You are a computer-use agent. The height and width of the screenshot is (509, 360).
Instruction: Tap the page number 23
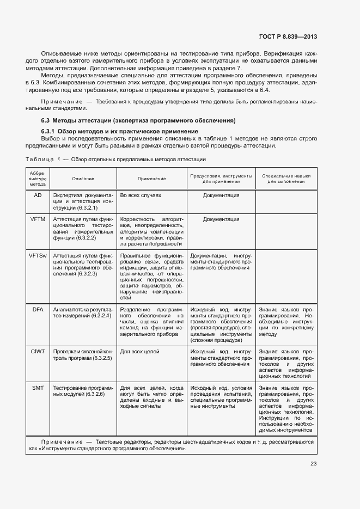point(313,464)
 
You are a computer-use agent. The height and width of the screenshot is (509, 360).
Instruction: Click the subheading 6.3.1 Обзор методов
point(120,132)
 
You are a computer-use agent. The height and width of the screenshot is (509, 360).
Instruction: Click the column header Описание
point(83,179)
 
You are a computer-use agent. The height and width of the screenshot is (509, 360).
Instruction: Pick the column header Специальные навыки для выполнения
point(286,179)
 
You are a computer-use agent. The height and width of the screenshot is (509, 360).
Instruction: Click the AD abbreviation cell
point(38,195)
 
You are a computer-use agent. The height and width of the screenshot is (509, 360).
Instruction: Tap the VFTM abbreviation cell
point(38,219)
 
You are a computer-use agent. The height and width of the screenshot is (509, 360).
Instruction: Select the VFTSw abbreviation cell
point(38,255)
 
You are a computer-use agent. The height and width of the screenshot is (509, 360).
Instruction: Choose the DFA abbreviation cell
point(38,309)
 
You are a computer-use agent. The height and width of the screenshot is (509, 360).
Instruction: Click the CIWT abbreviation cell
point(38,352)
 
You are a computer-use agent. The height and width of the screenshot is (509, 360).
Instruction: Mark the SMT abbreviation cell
point(38,388)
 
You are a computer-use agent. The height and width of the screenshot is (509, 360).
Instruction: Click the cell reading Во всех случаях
point(141,195)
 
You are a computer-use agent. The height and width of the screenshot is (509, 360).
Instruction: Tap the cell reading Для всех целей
point(139,352)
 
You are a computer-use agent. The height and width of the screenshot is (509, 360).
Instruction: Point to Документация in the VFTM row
point(221,219)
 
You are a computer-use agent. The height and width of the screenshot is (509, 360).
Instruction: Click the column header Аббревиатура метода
point(38,179)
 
